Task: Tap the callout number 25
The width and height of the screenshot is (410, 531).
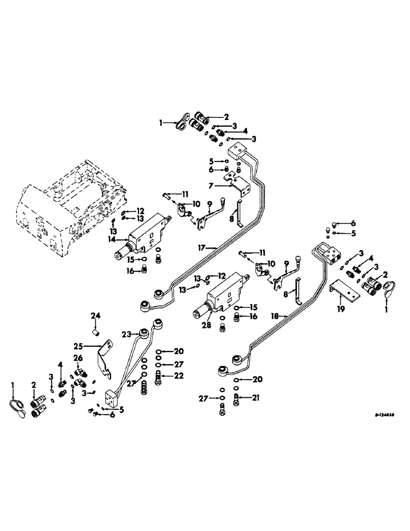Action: (x=91, y=345)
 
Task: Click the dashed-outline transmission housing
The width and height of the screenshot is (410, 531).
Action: (x=69, y=202)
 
